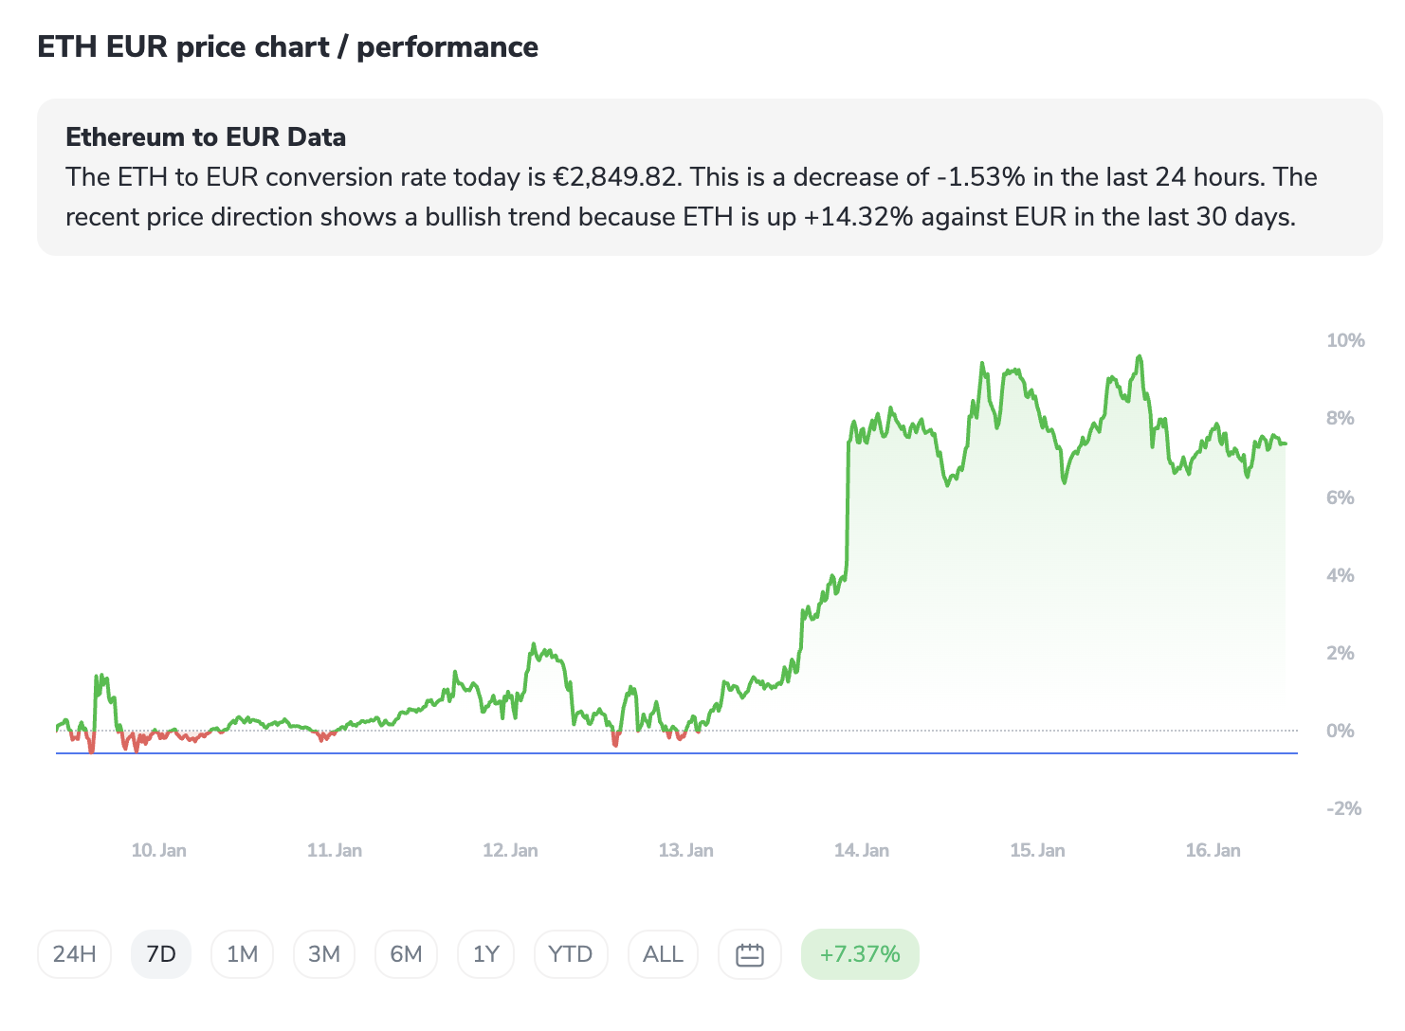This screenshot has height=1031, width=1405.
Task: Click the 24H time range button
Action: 74,954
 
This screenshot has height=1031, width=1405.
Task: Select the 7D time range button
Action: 161,954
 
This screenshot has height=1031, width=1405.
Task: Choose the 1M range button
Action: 242,954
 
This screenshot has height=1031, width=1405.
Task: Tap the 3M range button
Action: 324,954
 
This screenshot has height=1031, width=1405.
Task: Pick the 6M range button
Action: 406,954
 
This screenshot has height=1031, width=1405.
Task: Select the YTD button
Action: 570,954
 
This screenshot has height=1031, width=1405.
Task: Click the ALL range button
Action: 663,954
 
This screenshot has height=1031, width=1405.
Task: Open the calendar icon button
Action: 750,954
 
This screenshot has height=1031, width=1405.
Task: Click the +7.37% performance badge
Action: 860,954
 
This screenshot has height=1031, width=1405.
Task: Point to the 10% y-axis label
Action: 1345,340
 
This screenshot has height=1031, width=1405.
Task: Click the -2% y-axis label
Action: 1343,808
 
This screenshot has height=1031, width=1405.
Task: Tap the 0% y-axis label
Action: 1340,731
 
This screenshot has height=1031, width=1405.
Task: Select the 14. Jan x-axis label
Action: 861,850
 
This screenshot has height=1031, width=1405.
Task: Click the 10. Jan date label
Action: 158,850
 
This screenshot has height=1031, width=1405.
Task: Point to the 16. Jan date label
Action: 1213,850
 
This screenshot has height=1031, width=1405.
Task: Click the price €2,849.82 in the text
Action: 615,177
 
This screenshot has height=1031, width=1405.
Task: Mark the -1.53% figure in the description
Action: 979,177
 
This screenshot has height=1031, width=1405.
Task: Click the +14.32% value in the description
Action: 858,217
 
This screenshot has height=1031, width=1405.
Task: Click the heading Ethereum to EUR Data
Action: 206,137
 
